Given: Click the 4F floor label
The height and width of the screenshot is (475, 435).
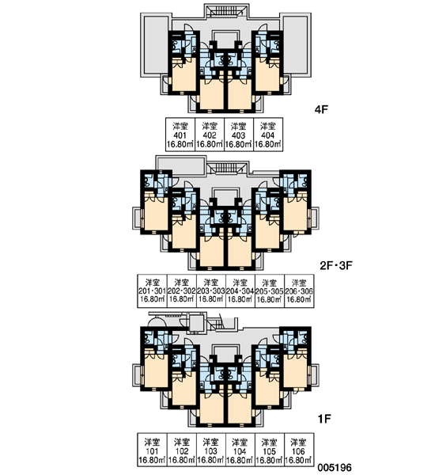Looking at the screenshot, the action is [321, 109].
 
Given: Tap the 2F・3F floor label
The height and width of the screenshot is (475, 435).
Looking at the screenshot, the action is [336, 266].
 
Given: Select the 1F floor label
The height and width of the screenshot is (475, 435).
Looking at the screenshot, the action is [324, 419].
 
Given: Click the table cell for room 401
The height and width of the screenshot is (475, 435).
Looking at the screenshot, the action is [180, 135].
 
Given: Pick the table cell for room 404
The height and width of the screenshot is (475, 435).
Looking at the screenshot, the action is [268, 135].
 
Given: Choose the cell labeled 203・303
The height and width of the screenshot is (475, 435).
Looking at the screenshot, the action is [211, 291].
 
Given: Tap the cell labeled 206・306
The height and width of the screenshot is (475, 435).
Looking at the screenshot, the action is [299, 291].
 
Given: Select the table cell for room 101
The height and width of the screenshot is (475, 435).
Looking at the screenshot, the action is [152, 450].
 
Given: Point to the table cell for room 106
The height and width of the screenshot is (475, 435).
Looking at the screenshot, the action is [299, 450].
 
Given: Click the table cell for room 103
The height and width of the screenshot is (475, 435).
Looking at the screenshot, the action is [211, 450].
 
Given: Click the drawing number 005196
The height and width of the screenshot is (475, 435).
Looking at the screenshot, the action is [335, 467].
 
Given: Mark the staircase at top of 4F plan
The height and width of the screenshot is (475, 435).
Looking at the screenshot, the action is [227, 10].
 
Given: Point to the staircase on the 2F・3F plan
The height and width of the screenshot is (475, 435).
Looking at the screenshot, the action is [227, 168].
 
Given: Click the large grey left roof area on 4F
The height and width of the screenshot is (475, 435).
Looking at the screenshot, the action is [156, 44].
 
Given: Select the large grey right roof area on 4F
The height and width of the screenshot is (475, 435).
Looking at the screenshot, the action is [296, 44].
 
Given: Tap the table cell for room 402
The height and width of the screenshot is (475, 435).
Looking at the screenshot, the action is [210, 135].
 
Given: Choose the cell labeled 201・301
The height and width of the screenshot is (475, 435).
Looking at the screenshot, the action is [152, 291].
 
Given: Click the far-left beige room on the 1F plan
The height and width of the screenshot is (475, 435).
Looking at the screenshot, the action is [156, 370].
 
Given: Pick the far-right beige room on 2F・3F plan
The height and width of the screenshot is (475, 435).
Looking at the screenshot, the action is [296, 213].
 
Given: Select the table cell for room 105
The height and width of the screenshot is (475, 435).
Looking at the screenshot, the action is [270, 450].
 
